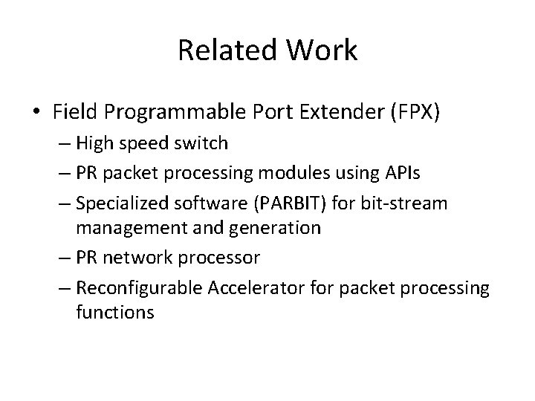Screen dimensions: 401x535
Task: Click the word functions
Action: pos(114,312)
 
